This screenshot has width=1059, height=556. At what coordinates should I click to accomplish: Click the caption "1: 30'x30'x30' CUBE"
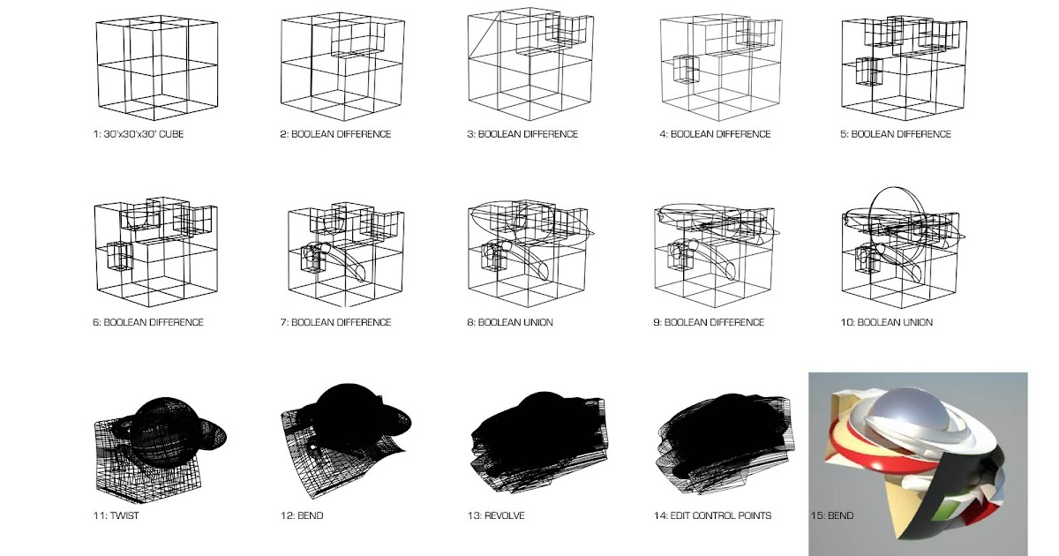coord(139,134)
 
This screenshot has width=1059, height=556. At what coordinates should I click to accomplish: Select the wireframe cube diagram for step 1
coord(156,68)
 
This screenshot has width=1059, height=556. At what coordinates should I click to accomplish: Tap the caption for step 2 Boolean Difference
coord(335,134)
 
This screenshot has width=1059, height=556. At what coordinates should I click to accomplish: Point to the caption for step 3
coord(522,134)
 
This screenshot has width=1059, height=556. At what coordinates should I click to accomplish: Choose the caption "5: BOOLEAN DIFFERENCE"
coord(896,134)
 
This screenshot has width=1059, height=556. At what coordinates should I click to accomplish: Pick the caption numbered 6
coord(148,322)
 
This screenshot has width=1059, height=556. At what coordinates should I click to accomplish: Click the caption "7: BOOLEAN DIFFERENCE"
coord(335,322)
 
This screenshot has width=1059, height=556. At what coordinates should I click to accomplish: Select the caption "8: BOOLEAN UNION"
coord(510,322)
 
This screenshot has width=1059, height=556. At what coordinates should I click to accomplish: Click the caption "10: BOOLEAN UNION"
coord(886,322)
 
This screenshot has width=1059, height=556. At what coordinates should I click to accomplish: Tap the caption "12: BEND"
coord(302,515)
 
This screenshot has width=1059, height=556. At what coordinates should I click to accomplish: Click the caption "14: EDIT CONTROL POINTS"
coord(715,515)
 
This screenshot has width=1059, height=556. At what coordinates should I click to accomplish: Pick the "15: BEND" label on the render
coord(831,515)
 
